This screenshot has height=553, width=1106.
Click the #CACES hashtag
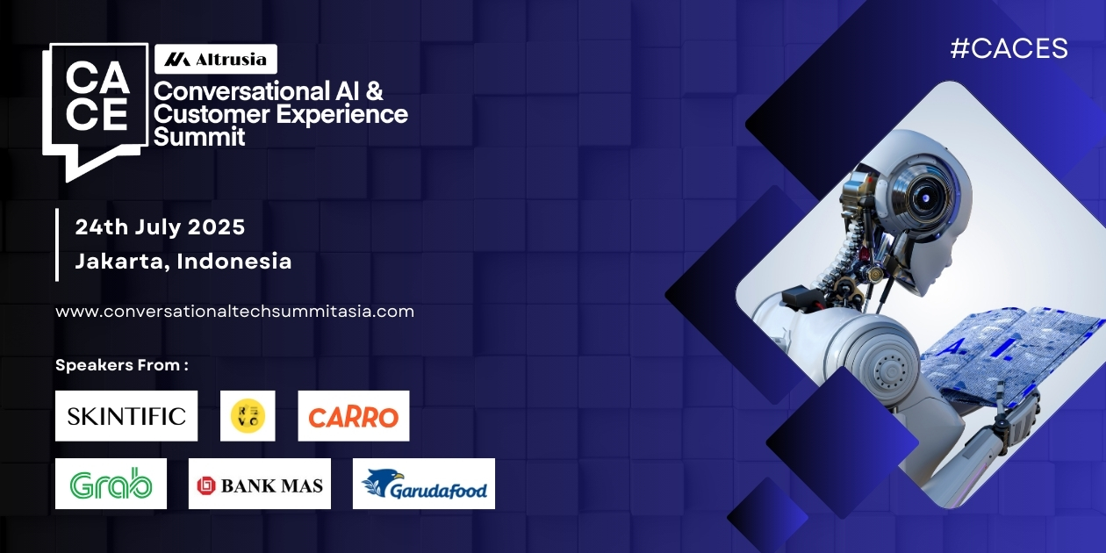click(1009, 49)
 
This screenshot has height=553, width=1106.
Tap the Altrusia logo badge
click(216, 60)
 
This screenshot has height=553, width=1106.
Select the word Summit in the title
click(199, 137)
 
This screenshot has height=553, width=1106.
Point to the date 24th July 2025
click(160, 227)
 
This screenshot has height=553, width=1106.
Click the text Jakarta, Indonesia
click(183, 261)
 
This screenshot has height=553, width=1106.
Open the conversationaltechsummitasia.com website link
click(234, 312)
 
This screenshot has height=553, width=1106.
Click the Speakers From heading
click(122, 364)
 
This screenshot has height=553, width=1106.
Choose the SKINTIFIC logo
click(126, 416)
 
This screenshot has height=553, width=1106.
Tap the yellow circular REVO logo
click(248, 416)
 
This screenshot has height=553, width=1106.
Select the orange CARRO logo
click(354, 416)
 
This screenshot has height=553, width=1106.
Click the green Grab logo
click(111, 484)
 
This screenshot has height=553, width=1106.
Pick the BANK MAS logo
click(260, 484)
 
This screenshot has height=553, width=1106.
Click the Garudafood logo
click(424, 484)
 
